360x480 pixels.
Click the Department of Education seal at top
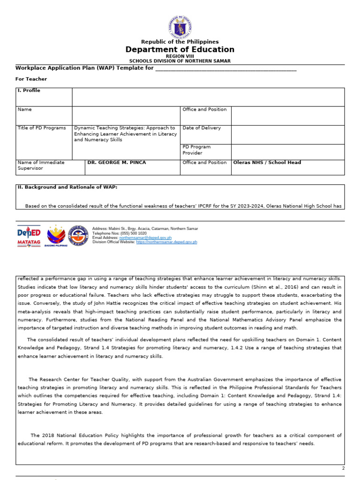coord(180,27)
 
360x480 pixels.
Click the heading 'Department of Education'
coord(180,50)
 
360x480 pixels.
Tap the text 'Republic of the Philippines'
coord(180,42)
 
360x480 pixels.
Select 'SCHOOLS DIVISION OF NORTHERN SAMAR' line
coord(180,61)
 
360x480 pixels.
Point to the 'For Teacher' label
coord(31,79)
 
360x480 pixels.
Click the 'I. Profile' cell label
coord(29,90)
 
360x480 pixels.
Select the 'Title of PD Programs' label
coord(42,128)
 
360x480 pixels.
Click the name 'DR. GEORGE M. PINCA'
coord(117,163)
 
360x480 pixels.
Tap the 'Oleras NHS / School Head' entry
coord(267,163)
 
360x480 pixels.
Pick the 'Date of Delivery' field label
coord(202,128)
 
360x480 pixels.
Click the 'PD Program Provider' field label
coord(196,150)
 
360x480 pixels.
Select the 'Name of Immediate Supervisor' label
coord(41,165)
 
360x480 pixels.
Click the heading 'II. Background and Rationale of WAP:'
coord(67,187)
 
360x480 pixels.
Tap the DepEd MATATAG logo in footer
coord(29,235)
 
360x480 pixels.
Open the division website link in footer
coord(166,242)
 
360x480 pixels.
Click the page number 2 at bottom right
coord(343,468)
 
